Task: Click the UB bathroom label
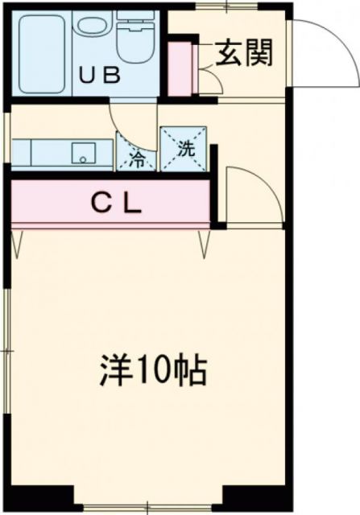pos(100,76)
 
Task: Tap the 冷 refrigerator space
pos(138,154)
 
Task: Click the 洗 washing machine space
pos(186,149)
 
